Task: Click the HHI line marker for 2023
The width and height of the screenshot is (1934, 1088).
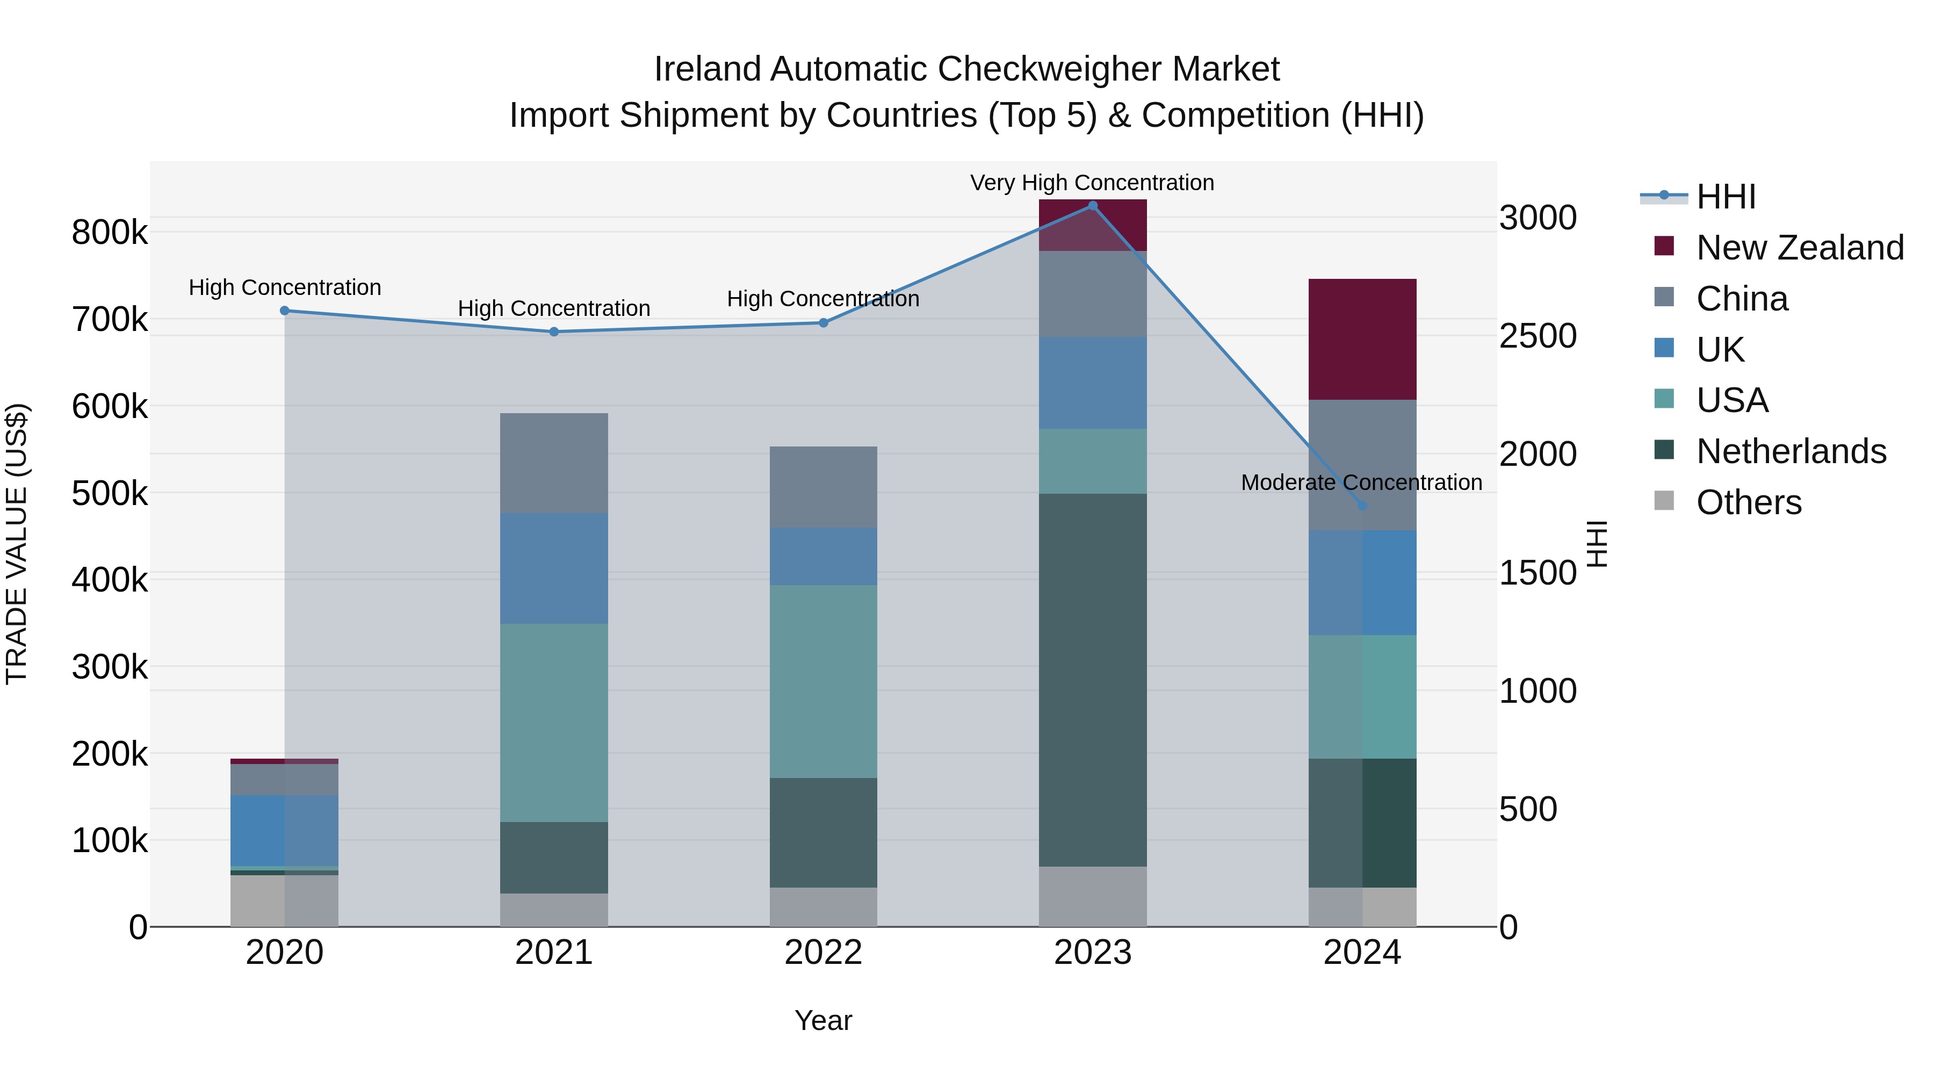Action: (1092, 206)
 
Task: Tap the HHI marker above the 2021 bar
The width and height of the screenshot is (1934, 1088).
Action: (554, 332)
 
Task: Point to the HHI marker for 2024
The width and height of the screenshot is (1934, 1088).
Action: (1362, 506)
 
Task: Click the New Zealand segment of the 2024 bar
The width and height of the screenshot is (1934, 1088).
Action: (1362, 340)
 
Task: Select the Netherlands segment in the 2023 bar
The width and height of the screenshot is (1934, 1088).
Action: (1092, 680)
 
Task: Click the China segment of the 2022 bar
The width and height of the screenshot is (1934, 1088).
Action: (823, 487)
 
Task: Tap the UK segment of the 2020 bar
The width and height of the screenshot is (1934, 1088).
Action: (285, 831)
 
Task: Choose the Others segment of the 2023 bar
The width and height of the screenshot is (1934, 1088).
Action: (1092, 897)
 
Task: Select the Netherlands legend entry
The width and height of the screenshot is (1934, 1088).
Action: (1791, 451)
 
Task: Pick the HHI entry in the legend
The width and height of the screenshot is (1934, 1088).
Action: (1725, 197)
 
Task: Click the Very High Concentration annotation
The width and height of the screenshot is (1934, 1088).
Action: (1092, 183)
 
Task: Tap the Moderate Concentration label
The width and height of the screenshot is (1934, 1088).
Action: (1361, 483)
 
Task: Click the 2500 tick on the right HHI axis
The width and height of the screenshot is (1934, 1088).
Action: (1538, 336)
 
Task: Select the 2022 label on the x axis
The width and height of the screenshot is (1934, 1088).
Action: (823, 953)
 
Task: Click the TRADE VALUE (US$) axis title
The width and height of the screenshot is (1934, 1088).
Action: (17, 544)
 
